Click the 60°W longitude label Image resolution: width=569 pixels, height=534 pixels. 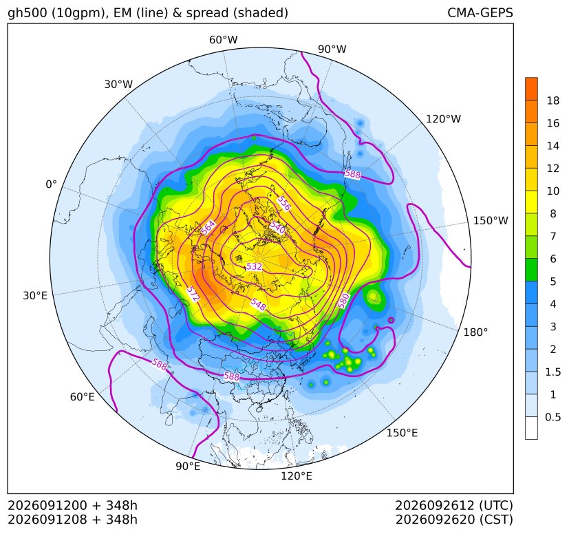click(223, 40)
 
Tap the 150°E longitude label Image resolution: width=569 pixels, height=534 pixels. click(402, 433)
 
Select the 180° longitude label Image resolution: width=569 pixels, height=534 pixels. click(475, 332)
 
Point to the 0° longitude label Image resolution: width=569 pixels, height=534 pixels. click(51, 184)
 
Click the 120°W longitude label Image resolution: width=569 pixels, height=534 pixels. click(443, 119)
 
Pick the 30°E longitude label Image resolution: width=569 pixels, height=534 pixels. click(35, 295)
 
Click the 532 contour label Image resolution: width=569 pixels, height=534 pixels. click(254, 267)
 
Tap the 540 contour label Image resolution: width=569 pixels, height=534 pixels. click(277, 228)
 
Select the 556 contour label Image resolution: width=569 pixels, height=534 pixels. click(283, 203)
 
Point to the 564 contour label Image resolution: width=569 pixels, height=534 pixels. click(208, 228)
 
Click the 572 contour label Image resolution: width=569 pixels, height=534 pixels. click(193, 294)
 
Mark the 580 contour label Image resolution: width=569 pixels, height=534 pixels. click(343, 301)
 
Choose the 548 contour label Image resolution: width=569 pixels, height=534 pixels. click(259, 305)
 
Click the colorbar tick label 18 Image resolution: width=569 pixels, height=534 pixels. click(553, 100)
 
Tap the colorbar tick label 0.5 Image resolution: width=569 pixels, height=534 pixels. click(552, 417)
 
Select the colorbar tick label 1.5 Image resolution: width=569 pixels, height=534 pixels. click(552, 372)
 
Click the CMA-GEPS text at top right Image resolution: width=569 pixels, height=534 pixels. click(480, 12)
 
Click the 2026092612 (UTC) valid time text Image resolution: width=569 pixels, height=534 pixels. click(454, 505)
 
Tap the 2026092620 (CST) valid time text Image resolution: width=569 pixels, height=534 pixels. click(454, 520)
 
